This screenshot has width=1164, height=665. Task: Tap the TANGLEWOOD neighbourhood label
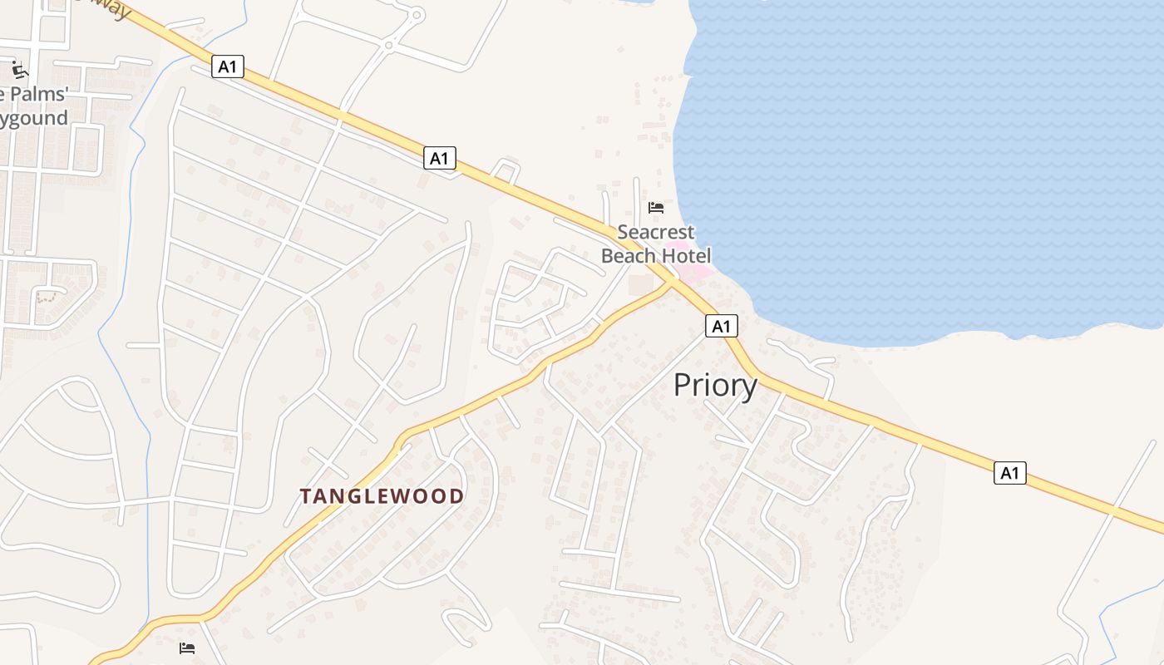click(x=382, y=496)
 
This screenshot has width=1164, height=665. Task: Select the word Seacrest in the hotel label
click(x=655, y=232)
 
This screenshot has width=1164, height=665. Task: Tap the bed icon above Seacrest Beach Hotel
click(x=656, y=207)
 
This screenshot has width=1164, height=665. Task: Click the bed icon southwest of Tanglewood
click(x=187, y=648)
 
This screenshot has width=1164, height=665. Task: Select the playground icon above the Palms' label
click(x=18, y=69)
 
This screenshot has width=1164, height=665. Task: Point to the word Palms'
click(x=37, y=94)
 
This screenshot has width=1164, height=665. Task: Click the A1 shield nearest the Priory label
click(x=722, y=326)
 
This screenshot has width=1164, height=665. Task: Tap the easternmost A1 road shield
click(x=1009, y=473)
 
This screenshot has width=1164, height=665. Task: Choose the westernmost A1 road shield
click(x=228, y=66)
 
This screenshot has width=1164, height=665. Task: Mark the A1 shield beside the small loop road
click(x=440, y=158)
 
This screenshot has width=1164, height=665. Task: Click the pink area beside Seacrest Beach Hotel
click(x=695, y=271)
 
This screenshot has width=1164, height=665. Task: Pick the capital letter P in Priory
click(x=683, y=386)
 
